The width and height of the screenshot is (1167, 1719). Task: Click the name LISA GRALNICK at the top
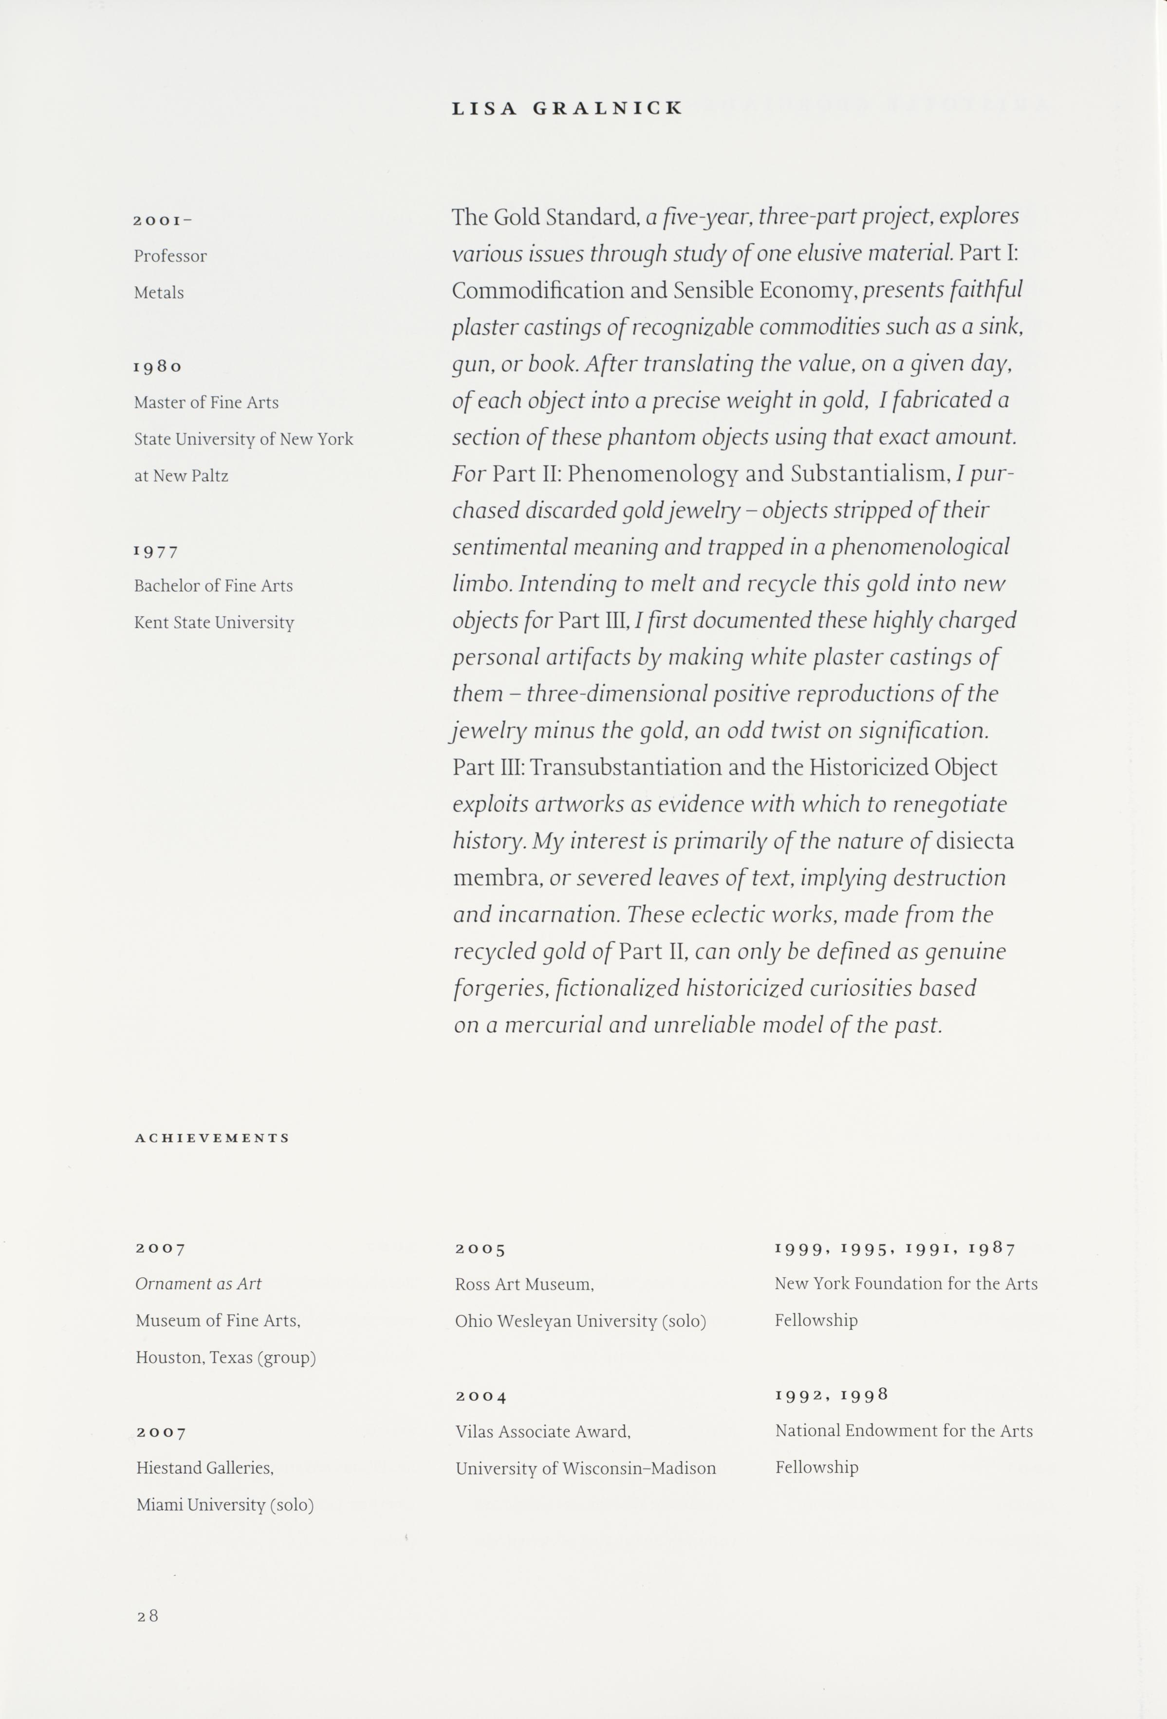567,108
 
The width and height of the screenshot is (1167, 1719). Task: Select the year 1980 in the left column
158,367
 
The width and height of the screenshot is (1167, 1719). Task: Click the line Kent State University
214,623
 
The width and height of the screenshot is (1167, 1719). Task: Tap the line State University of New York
243,439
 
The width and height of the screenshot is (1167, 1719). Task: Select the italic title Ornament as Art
198,1284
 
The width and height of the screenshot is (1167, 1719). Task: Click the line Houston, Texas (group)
226,1357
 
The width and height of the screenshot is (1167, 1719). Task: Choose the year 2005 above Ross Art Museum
480,1249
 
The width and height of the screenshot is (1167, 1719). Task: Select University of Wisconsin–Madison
585,1468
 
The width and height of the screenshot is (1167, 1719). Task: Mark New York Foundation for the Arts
906,1284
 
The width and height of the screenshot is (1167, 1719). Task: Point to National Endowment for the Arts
904,1431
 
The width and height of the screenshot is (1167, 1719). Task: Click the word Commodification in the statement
538,291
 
